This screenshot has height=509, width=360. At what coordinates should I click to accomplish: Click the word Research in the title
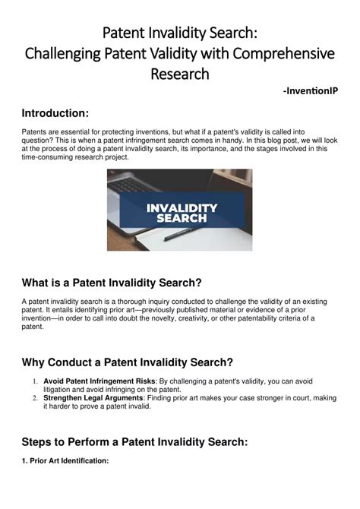tap(179, 74)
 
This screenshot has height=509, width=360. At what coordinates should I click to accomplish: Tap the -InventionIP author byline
tap(310, 91)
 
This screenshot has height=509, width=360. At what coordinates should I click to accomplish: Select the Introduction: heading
tap(55, 113)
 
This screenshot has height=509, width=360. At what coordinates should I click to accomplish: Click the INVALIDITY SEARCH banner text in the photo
tap(181, 213)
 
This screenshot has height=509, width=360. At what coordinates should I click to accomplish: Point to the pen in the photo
tap(186, 233)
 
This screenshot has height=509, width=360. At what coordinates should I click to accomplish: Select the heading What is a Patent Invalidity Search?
tap(112, 283)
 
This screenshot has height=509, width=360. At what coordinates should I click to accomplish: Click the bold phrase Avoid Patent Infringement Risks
tap(94, 380)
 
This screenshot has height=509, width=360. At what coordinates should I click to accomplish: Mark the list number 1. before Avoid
tap(36, 380)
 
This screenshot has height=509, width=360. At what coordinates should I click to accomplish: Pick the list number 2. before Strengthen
tap(36, 397)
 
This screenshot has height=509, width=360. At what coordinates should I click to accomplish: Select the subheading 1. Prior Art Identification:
tap(65, 461)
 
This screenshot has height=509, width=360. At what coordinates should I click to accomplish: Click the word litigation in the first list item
tap(60, 388)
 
